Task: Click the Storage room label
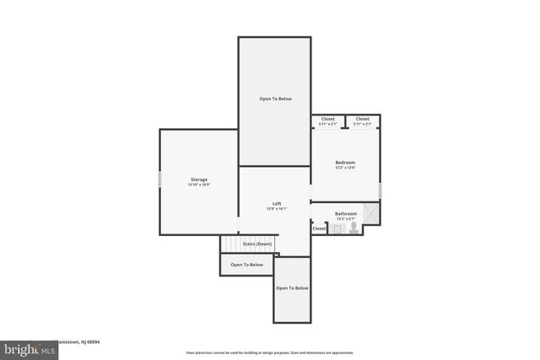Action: [x=198, y=180]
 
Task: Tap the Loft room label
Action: [x=276, y=204]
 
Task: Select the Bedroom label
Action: [x=345, y=162]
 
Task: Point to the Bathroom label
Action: [x=346, y=214]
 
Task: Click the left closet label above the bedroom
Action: [x=327, y=119]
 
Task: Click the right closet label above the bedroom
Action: [x=362, y=119]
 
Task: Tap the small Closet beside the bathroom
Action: [x=319, y=228]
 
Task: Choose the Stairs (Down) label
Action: [x=257, y=244]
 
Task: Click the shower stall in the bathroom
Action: [x=370, y=214]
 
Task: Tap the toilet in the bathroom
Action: [x=354, y=228]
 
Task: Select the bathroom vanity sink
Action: [x=337, y=228]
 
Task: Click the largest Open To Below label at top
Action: [x=275, y=99]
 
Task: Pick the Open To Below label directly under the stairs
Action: [x=246, y=265]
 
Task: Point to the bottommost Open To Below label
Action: [x=292, y=288]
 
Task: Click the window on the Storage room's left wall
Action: [x=160, y=180]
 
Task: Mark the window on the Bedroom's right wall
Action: [x=380, y=191]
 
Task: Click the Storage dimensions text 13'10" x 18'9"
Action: [x=198, y=185]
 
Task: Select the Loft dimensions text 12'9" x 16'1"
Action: [x=276, y=209]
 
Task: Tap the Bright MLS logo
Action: [x=25, y=347]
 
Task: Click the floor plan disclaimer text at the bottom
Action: [x=269, y=352]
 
